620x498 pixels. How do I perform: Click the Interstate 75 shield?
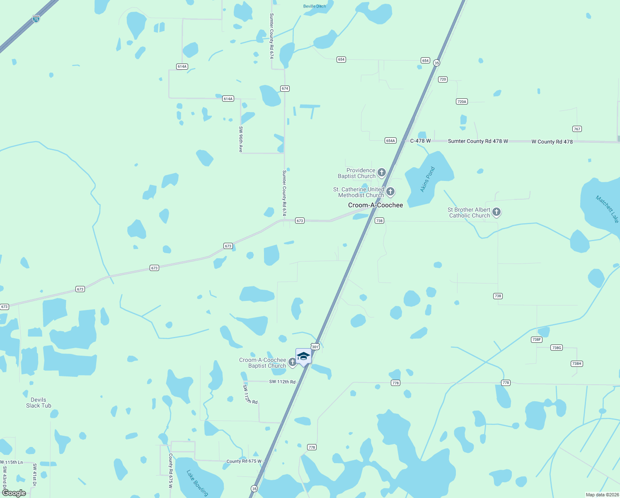coord(36,19)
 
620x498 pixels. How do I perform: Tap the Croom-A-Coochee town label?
coord(375,205)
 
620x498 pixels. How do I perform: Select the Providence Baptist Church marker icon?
coord(382,172)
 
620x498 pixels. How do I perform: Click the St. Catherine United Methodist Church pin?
coord(390,192)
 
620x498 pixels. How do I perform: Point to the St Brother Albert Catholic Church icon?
coord(496,212)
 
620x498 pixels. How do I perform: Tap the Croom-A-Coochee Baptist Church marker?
coord(292,362)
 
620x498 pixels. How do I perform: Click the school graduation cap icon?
coord(303,356)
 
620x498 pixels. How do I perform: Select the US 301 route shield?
coord(315,347)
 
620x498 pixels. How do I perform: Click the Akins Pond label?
coord(427,179)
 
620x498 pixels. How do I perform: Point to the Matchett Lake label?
coord(607,209)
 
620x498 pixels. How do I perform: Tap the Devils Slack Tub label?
coord(39,403)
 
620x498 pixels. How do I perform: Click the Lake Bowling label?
coord(197,483)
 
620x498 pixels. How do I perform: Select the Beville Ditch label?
coord(315,6)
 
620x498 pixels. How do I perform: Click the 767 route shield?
coord(577,129)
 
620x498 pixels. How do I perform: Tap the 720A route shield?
coord(462,101)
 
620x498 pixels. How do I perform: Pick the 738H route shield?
coord(576,364)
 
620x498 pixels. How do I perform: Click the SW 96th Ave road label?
coord(241,139)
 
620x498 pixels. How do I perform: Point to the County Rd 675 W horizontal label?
coord(244,461)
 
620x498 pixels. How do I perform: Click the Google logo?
coord(14,493)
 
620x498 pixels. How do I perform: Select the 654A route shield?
coord(390,141)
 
